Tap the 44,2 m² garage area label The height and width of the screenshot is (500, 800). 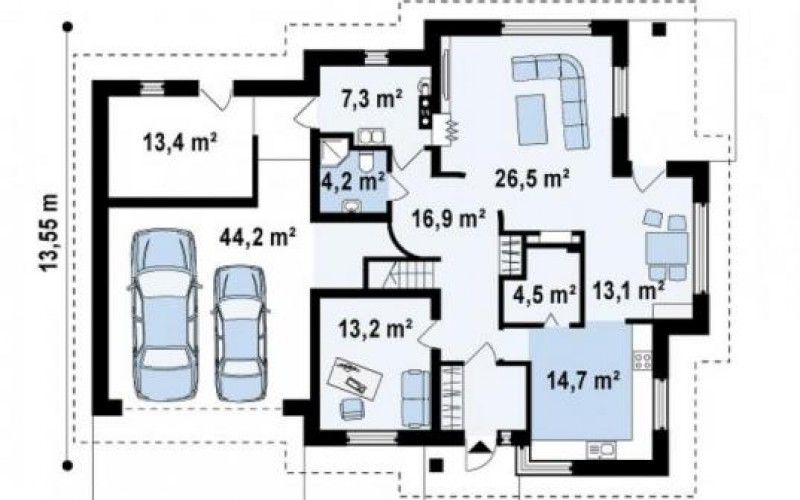258,236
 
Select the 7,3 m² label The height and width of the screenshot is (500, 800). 371,98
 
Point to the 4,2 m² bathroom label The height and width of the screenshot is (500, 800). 353,181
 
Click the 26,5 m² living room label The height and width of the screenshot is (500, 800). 532,178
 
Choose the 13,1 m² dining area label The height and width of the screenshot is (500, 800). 629,291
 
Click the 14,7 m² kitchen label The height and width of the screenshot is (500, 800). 583,380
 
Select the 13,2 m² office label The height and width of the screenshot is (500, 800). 377,329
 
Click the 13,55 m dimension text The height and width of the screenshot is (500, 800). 49,232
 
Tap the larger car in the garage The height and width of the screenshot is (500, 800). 164,315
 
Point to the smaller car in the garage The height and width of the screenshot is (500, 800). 240,333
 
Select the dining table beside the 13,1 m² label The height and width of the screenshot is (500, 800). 667,247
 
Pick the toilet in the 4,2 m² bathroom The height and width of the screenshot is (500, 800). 366,160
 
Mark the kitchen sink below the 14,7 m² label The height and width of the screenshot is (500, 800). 602,449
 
